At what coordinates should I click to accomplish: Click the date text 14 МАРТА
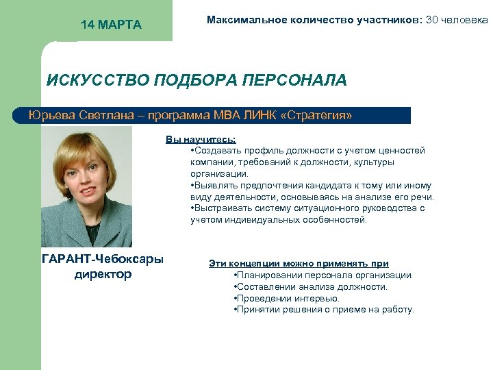pos(111,25)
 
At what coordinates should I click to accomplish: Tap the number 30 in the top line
pos(433,20)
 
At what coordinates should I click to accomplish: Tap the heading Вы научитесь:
pos(201,139)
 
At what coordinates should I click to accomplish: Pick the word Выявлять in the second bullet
pos(214,186)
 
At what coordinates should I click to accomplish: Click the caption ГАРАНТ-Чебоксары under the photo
pos(103,260)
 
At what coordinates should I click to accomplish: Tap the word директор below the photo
pos(103,275)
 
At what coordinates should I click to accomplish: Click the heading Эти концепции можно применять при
pos(299,263)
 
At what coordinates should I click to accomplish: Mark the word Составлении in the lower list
pos(263,287)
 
